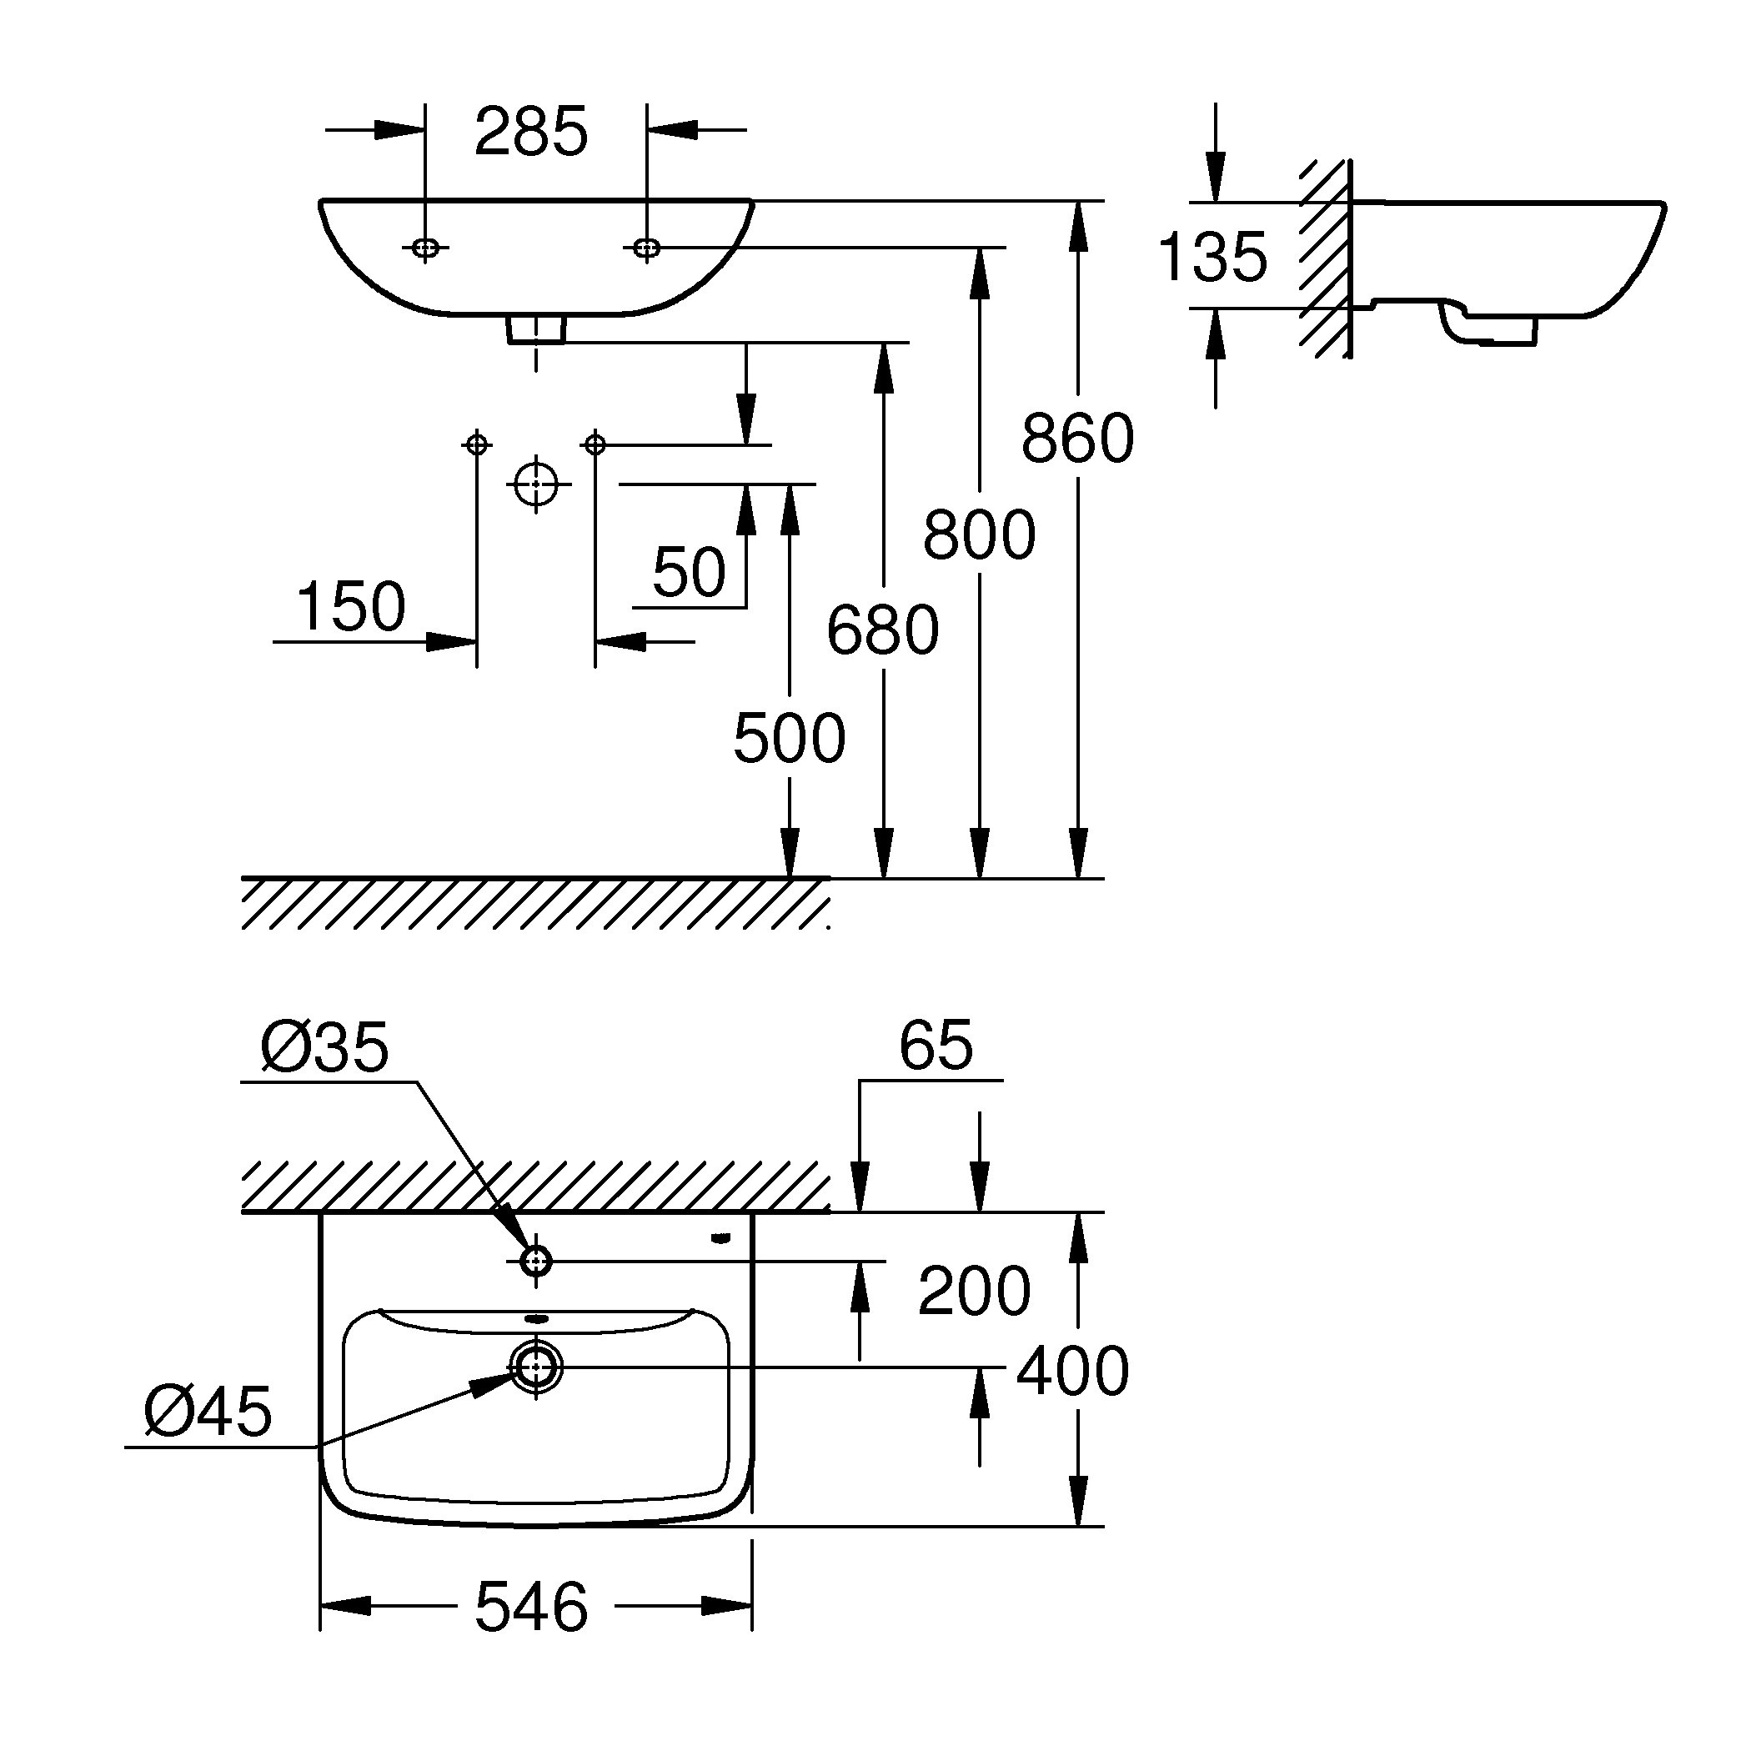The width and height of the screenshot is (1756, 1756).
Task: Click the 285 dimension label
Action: [532, 133]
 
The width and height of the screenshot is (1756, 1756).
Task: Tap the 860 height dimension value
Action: [1077, 439]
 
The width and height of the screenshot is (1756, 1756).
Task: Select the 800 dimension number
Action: [979, 535]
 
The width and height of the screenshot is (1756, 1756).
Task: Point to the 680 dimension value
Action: [882, 630]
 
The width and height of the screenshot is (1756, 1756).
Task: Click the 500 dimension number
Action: [789, 738]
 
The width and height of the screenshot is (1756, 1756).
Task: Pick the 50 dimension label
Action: [689, 573]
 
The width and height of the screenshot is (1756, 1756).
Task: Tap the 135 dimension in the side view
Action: [1212, 257]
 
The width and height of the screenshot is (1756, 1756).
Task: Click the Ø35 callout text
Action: [324, 1048]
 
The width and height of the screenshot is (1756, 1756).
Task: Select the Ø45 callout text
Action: [208, 1412]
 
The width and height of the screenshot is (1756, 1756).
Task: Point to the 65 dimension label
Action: [936, 1046]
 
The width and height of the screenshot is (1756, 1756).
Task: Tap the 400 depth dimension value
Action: [1072, 1372]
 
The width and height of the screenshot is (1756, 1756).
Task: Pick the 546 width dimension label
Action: [532, 1607]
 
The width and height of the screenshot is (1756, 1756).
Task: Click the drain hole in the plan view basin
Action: [536, 1367]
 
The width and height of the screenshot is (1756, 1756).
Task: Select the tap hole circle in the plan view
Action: [536, 1261]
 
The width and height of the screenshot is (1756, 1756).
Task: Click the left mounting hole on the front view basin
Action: [425, 247]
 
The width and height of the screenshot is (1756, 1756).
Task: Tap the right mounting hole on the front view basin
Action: [646, 247]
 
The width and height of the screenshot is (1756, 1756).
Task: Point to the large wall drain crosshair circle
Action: [536, 484]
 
